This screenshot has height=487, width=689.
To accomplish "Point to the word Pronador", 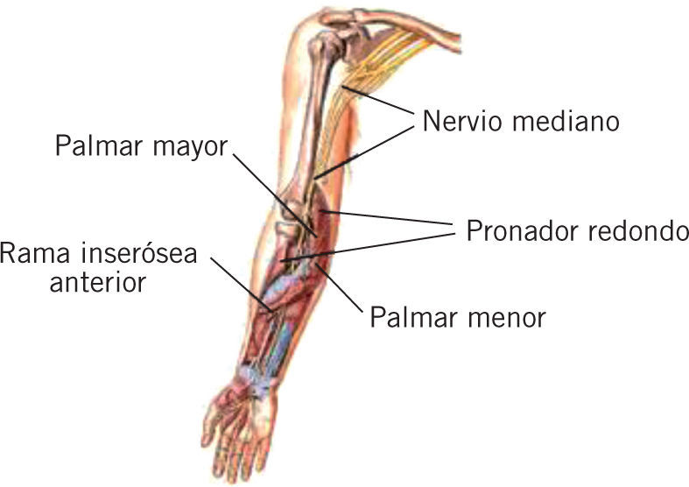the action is point(524,231).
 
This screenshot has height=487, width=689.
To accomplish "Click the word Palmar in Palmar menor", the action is point(412,315).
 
